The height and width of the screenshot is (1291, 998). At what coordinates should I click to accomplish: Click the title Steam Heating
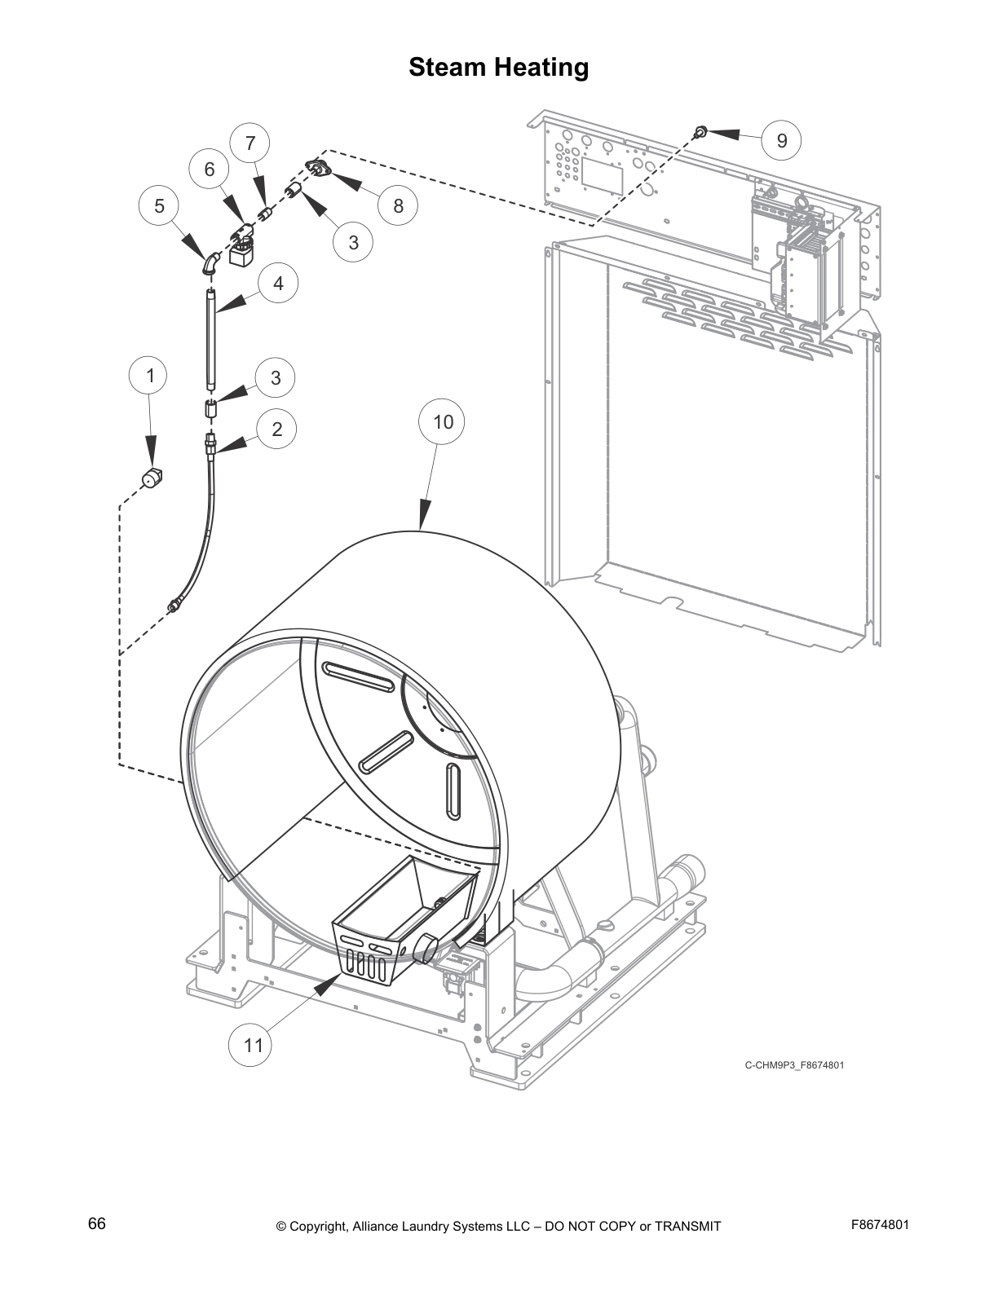pyautogui.click(x=498, y=67)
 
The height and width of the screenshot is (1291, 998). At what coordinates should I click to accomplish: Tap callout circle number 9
pyautogui.click(x=781, y=141)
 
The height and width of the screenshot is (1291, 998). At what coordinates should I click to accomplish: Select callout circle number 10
pyautogui.click(x=442, y=421)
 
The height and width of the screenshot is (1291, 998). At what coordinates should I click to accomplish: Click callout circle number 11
pyautogui.click(x=254, y=1044)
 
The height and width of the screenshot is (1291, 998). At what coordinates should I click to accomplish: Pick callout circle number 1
pyautogui.click(x=149, y=376)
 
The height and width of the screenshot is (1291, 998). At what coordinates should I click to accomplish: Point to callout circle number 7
pyautogui.click(x=250, y=143)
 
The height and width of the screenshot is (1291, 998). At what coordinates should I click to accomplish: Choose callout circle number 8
pyautogui.click(x=398, y=205)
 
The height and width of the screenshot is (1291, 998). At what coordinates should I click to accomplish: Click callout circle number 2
pyautogui.click(x=276, y=429)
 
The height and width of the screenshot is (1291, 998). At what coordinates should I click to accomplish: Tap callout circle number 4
pyautogui.click(x=278, y=284)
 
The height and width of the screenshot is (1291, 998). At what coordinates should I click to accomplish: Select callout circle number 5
pyautogui.click(x=159, y=206)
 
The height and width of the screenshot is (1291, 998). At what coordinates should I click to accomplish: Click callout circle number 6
pyautogui.click(x=210, y=169)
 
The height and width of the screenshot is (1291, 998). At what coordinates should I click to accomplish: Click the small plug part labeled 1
pyautogui.click(x=151, y=478)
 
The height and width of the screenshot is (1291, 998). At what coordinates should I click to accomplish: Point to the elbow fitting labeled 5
pyautogui.click(x=210, y=263)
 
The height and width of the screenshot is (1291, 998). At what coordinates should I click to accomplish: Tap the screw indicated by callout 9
pyautogui.click(x=700, y=131)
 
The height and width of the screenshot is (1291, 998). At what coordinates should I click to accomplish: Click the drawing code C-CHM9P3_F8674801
pyautogui.click(x=788, y=1065)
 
